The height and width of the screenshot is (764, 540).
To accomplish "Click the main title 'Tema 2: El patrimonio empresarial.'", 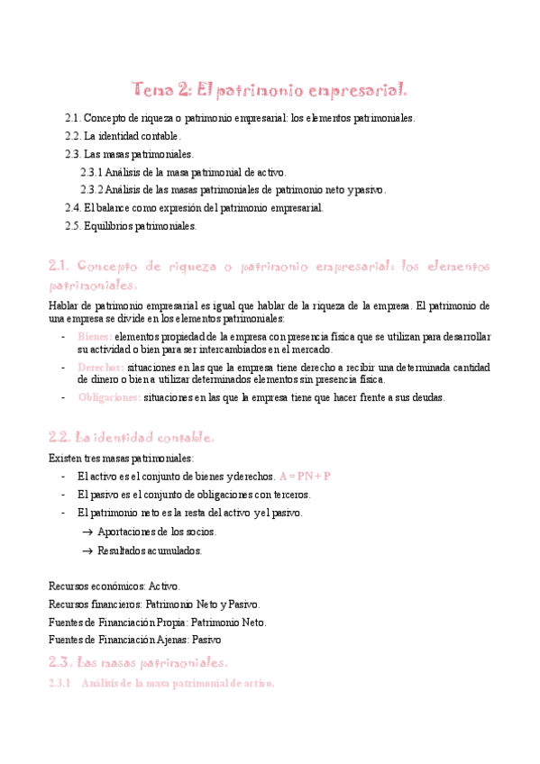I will [x=270, y=89].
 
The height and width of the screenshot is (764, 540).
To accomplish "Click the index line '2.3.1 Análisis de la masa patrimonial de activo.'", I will [x=184, y=172].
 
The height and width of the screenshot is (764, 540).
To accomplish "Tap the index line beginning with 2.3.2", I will [x=233, y=190].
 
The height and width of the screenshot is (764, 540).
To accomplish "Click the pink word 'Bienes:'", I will [x=95, y=336].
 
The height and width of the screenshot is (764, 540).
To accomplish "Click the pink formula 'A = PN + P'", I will [x=306, y=477].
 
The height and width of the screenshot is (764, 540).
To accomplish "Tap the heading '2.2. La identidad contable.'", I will [x=131, y=438].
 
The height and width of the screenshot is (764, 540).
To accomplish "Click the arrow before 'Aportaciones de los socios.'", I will [x=87, y=532].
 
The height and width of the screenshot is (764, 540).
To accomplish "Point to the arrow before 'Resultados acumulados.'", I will [x=87, y=550].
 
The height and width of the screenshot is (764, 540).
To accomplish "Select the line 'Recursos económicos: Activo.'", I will [x=114, y=586].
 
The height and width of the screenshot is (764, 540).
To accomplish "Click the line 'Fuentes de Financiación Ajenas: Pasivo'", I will [x=135, y=640].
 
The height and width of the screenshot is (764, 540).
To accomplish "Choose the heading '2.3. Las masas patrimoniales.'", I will [x=138, y=662].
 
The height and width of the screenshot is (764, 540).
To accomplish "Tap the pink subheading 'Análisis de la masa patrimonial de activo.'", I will [x=177, y=683].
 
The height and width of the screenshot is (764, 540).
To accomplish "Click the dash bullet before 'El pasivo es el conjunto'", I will [x=62, y=495].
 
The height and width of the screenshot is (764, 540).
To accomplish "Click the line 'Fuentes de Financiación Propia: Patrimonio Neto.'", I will [x=157, y=622].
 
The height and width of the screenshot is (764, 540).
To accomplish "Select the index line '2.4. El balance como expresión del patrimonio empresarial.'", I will [x=194, y=208].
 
